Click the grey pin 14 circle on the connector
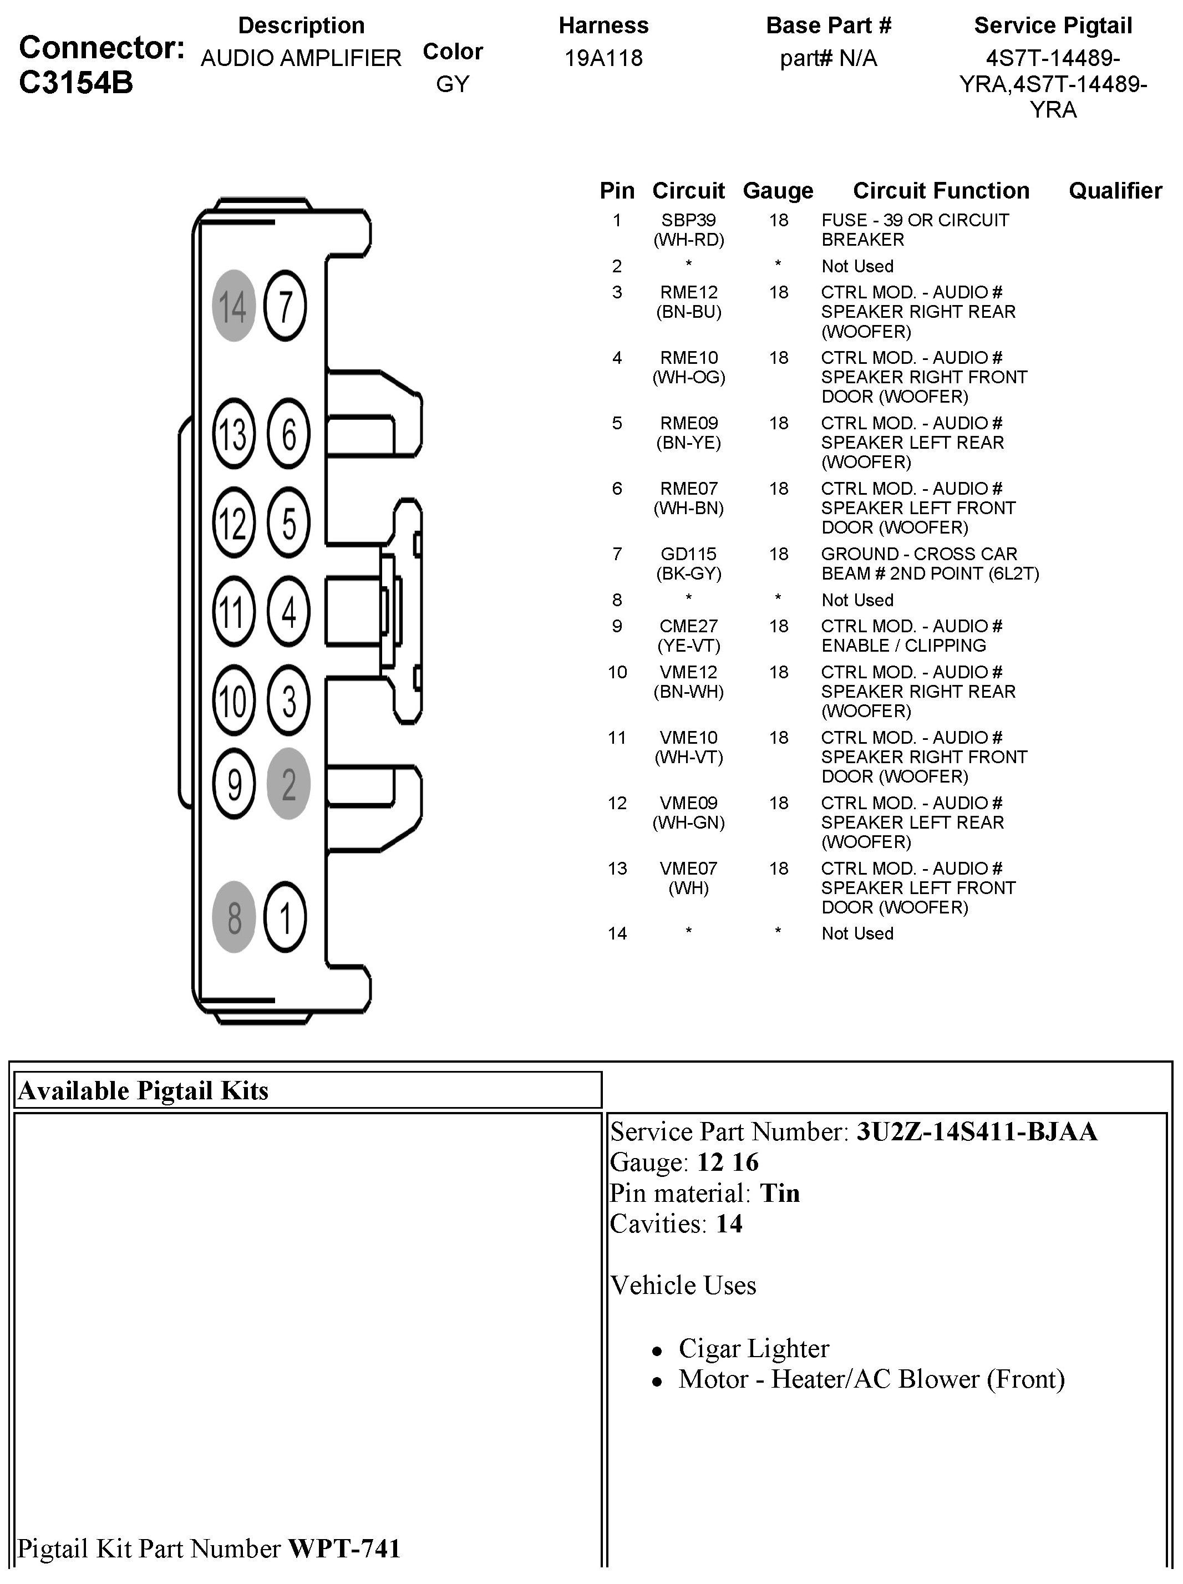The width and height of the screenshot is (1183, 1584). point(233,306)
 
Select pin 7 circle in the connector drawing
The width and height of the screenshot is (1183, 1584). point(285,306)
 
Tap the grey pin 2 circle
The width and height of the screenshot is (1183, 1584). point(288,784)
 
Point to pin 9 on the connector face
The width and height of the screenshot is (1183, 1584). point(234,784)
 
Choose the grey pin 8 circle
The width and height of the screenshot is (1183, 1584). point(234,917)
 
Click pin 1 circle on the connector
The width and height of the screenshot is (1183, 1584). point(285,917)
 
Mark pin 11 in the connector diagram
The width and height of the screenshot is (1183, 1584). point(233,612)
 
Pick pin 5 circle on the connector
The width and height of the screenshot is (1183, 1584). point(288,523)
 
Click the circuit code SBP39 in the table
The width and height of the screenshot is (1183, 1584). point(688,221)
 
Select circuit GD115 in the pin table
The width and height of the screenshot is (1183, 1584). point(688,554)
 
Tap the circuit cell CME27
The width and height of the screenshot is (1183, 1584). point(688,627)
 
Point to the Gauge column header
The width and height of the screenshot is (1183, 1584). point(778,191)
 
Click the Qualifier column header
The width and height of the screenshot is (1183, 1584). point(1115,191)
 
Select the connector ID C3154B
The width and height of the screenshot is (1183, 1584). point(76,83)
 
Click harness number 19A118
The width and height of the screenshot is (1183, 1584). point(603,58)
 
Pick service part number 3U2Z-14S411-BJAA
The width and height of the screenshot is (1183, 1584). point(977,1131)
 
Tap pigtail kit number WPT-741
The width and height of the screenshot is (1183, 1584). point(344,1548)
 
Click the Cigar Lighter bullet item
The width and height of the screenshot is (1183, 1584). point(753,1348)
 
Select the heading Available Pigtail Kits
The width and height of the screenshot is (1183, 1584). point(143,1090)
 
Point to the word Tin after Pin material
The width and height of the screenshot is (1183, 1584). point(780,1193)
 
